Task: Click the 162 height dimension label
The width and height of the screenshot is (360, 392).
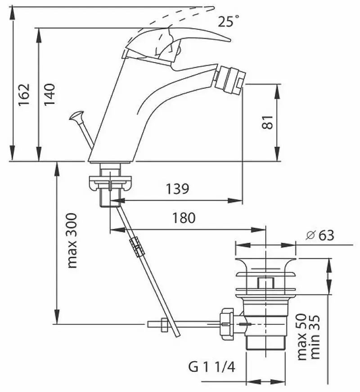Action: tap(23, 94)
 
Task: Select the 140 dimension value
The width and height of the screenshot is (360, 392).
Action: tap(49, 94)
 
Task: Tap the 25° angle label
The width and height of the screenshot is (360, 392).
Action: tap(228, 21)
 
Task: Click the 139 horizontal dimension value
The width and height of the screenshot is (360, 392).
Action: tap(176, 188)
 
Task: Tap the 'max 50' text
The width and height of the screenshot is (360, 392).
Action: tap(302, 336)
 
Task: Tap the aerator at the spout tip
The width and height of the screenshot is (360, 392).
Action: tap(229, 79)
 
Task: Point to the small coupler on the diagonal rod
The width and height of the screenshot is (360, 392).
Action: tap(135, 246)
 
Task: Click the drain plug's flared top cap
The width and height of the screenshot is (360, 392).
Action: tap(265, 266)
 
